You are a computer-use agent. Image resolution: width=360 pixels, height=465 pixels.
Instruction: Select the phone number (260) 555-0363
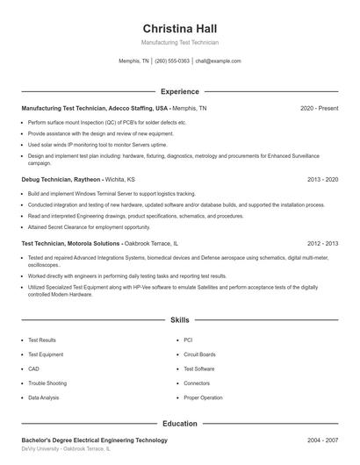click(173, 61)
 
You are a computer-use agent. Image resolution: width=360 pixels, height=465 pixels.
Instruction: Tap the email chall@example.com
click(218, 61)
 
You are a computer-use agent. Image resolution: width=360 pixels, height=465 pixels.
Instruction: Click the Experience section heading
click(179, 91)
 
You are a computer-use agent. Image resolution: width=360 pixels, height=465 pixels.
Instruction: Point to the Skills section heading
click(179, 320)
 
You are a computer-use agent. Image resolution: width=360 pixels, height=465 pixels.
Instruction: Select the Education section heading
click(179, 424)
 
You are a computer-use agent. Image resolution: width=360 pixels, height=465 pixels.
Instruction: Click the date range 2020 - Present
click(319, 108)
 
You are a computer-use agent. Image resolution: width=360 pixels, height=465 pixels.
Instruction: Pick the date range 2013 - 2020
click(322, 179)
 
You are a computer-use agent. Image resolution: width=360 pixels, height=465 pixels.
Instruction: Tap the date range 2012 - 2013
click(322, 243)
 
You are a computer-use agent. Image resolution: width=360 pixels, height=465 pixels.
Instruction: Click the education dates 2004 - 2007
click(322, 440)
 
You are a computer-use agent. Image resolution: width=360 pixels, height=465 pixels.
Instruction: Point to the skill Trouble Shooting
click(47, 383)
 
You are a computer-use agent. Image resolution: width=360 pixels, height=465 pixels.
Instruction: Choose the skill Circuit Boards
click(199, 354)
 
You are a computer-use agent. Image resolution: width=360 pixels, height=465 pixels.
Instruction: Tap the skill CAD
click(33, 368)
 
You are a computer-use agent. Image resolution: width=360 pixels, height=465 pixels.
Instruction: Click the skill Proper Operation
click(203, 397)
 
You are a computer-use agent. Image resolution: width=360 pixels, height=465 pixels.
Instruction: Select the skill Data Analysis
click(44, 397)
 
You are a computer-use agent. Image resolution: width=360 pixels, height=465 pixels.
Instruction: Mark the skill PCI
click(189, 340)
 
